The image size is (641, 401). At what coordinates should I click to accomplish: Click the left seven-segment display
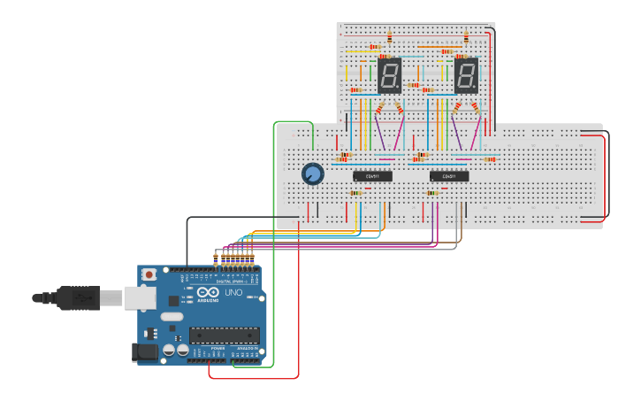389,76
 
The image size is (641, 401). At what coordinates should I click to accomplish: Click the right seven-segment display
466,76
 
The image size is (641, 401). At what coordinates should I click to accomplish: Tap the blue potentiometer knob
312,174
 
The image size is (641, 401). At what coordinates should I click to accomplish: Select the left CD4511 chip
372,176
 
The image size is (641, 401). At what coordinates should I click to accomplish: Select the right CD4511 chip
449,176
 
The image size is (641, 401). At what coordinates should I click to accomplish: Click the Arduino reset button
149,274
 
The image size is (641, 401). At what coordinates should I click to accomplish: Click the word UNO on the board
233,293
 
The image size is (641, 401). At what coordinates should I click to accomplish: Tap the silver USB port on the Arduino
139,298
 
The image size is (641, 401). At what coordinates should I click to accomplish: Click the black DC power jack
145,351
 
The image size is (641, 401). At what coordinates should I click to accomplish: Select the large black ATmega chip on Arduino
224,335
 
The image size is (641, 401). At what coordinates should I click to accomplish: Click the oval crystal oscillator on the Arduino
172,316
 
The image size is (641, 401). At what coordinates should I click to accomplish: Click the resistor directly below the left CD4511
355,193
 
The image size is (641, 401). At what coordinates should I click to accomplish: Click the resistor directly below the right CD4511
432,193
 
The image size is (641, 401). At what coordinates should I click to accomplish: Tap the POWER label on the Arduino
217,349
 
